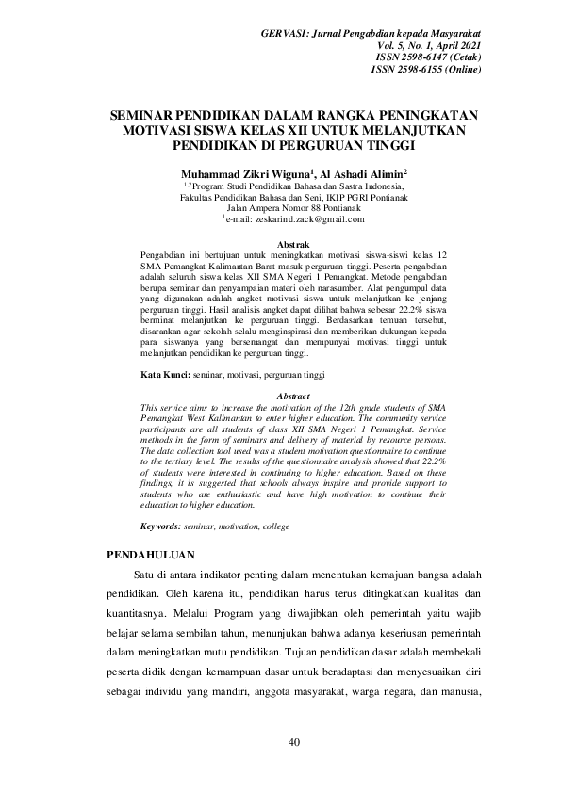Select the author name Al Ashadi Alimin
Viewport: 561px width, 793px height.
tap(363, 174)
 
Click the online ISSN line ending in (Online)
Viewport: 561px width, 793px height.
tap(426, 69)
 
